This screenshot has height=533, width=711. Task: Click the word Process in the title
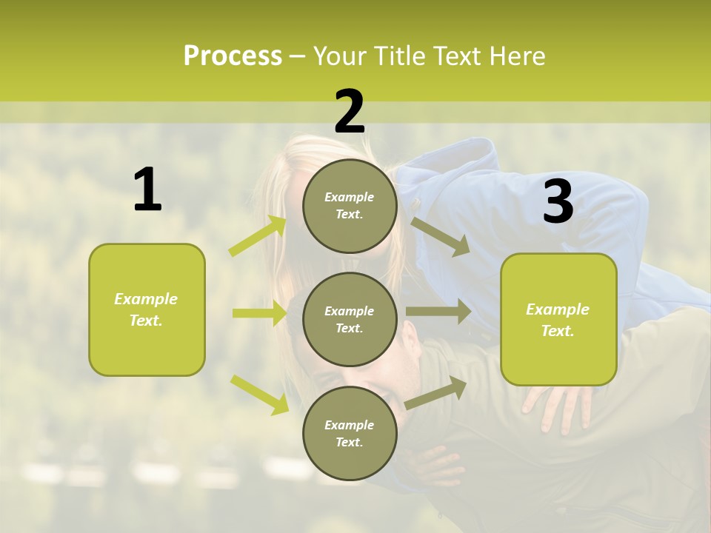(x=233, y=56)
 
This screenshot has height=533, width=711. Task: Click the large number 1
(x=147, y=190)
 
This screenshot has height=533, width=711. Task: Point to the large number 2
(x=350, y=112)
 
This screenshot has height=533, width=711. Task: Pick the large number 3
(x=558, y=202)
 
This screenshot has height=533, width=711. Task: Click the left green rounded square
(x=147, y=309)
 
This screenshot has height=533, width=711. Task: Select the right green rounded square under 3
(x=558, y=319)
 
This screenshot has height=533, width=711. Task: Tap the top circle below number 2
(x=350, y=206)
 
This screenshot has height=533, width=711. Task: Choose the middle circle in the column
(x=350, y=319)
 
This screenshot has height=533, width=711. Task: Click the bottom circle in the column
(x=350, y=433)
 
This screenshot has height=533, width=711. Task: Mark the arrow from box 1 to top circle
(x=258, y=236)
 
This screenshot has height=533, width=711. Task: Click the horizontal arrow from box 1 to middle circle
(x=259, y=313)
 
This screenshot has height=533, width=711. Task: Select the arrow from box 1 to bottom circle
(x=259, y=394)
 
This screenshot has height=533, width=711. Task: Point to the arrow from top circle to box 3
(x=441, y=236)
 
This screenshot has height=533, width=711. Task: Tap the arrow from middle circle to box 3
(x=438, y=312)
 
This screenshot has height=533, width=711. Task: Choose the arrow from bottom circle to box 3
(x=436, y=392)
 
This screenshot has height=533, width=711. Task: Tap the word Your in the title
(x=340, y=56)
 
